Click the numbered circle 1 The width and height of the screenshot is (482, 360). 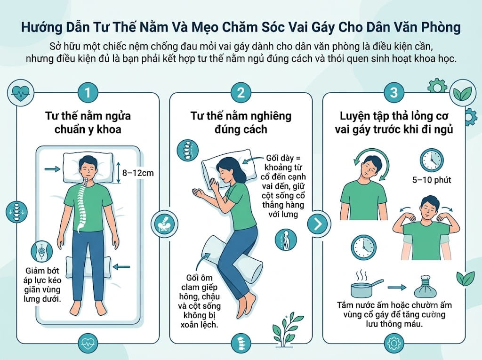88,93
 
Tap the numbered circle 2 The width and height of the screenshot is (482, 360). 241,93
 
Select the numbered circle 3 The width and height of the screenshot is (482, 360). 394,93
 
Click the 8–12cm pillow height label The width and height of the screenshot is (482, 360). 138,173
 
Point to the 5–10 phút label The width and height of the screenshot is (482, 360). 432,180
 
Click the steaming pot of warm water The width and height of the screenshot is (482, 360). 366,284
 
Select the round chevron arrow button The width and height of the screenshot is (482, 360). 318,224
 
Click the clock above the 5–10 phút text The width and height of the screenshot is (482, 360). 432,160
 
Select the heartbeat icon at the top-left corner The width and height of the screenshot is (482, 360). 21,92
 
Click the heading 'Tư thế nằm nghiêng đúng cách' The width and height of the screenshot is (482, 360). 241,122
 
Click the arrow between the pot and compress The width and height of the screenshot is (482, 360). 397,288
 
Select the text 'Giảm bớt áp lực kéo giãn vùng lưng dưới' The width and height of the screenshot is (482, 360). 42,285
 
